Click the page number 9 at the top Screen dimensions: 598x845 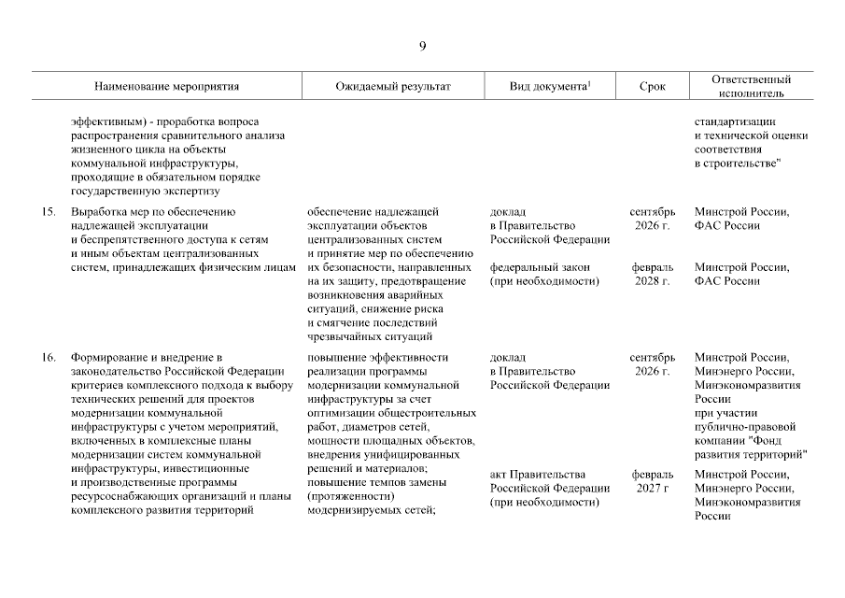click(x=422, y=46)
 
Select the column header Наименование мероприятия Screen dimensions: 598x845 click(x=167, y=86)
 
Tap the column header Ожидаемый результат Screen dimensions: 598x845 click(x=393, y=86)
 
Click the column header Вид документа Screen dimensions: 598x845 click(x=551, y=86)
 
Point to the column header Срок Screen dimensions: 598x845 click(x=653, y=86)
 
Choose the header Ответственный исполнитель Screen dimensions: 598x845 click(x=751, y=86)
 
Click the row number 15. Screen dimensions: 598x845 click(x=49, y=212)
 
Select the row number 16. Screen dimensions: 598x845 click(x=49, y=358)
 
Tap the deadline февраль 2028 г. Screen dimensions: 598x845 click(x=652, y=274)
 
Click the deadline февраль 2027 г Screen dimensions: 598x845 click(x=652, y=480)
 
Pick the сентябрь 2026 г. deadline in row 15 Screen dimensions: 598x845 click(x=652, y=219)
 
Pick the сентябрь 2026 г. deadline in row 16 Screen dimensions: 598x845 click(x=652, y=364)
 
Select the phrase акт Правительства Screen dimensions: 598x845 click(x=538, y=474)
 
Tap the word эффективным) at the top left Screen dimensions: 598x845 click(x=106, y=121)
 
